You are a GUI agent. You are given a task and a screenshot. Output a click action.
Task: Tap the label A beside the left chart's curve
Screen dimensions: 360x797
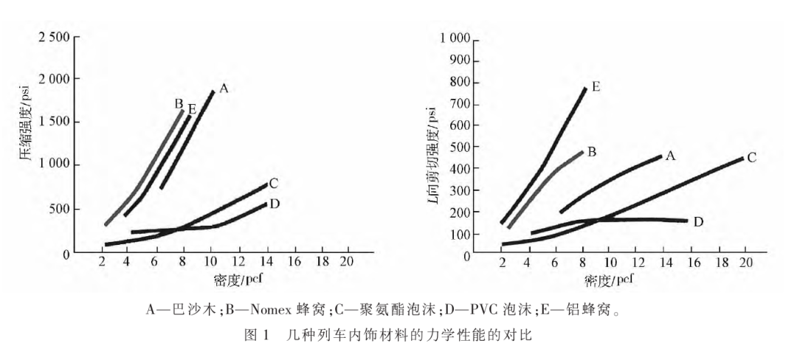point(224,88)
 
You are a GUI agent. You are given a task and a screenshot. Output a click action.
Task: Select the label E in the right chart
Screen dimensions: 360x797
point(596,87)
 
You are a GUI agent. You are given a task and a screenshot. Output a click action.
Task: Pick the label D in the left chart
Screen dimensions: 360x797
point(275,204)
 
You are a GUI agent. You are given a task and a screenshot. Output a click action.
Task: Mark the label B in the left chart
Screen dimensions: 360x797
point(179,104)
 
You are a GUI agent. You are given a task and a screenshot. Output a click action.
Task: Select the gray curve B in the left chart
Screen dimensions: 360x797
point(148,170)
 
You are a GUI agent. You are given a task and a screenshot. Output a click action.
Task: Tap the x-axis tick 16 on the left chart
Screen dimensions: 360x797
point(294,263)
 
